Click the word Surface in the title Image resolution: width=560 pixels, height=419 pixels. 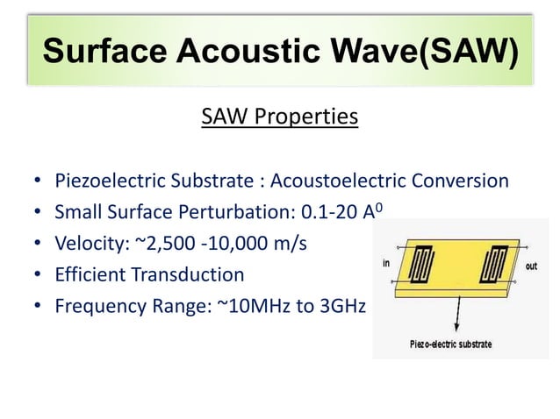point(104,54)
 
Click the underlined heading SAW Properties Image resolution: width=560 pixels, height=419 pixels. point(279,117)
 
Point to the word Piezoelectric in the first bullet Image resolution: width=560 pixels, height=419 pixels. point(107,181)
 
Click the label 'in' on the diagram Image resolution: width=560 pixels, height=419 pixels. point(386,263)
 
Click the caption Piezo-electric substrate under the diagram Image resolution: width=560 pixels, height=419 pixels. point(451,344)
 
